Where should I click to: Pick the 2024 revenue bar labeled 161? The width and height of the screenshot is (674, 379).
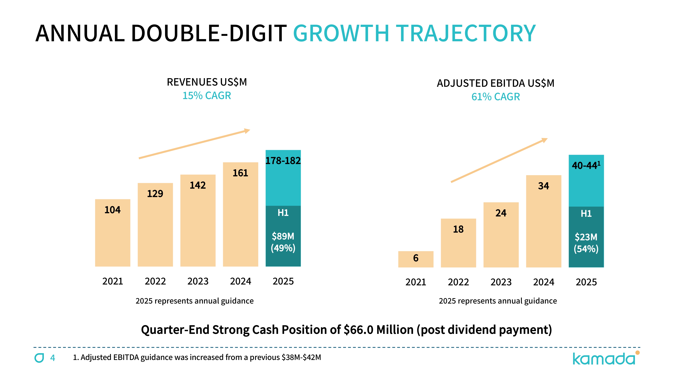[240, 214]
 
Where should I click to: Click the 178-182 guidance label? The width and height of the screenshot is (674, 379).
[283, 161]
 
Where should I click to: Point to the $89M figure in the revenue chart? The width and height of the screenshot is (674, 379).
[283, 236]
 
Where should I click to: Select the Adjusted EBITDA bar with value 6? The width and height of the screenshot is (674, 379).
[416, 259]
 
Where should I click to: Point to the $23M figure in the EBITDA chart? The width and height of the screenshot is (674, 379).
[586, 237]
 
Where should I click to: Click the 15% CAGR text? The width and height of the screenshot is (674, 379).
[207, 96]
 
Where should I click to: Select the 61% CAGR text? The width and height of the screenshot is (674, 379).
[496, 97]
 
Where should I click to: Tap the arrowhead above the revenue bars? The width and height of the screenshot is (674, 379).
[247, 131]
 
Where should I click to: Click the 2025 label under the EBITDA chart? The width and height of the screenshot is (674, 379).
[586, 282]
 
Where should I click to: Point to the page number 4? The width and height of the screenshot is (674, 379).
[53, 358]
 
